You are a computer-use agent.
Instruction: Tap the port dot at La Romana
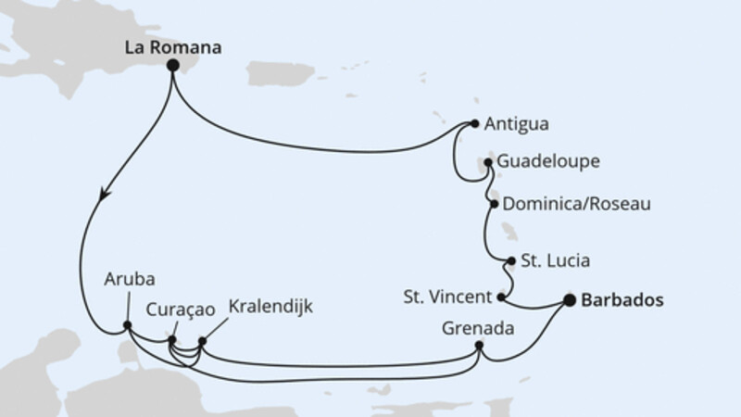click(x=172, y=78)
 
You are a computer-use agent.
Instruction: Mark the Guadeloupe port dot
click(x=488, y=162)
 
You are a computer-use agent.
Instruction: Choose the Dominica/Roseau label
click(x=571, y=203)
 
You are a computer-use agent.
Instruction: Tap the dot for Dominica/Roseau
click(x=495, y=204)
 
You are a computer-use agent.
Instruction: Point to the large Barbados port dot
click(x=569, y=299)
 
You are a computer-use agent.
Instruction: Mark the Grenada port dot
click(x=479, y=346)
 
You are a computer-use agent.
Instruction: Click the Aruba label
click(x=129, y=279)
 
